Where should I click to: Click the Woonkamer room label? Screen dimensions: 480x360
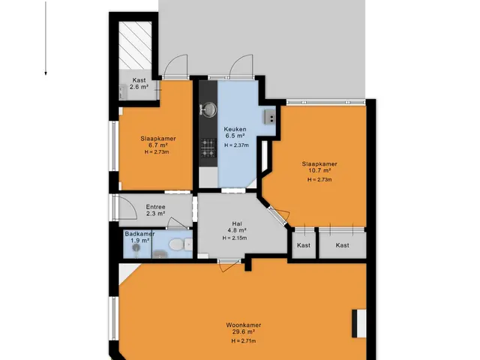point(243,325)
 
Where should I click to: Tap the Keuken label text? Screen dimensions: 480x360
point(235,129)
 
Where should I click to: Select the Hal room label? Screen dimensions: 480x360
point(237,224)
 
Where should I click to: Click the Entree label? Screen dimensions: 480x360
point(155,207)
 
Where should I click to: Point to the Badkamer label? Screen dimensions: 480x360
point(139,234)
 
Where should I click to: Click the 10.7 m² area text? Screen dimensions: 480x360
point(319,170)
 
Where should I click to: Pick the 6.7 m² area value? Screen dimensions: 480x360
point(158,145)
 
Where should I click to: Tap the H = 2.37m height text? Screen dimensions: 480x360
point(236,145)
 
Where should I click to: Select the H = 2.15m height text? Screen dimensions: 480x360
point(235,238)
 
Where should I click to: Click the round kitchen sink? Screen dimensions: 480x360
point(208,109)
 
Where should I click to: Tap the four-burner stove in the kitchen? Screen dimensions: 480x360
point(208,148)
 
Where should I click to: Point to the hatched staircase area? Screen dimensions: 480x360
point(135,46)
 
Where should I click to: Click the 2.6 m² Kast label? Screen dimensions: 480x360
point(139,83)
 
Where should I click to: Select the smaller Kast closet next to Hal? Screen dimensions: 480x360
point(304,245)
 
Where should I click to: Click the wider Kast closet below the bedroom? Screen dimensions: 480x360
point(342,245)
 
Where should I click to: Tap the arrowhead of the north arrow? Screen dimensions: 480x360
point(46,73)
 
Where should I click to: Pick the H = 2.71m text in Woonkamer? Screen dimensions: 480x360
point(244,341)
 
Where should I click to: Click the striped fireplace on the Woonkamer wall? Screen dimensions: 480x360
point(358,323)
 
